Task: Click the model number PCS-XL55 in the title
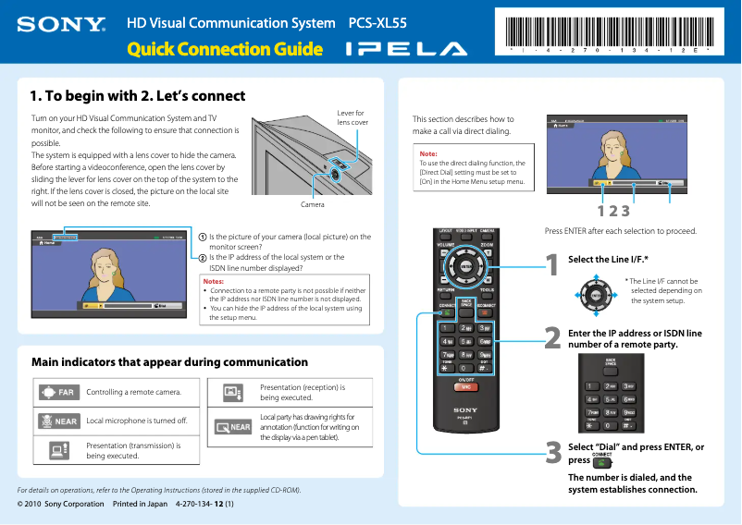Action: (377, 22)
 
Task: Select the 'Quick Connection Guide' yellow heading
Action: (225, 49)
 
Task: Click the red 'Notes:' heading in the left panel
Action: (214, 281)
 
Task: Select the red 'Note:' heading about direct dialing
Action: (429, 153)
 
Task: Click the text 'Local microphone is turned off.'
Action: (137, 421)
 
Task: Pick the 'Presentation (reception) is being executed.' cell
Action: (303, 392)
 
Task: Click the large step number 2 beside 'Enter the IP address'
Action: (552, 337)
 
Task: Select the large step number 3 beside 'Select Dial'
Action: (552, 453)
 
